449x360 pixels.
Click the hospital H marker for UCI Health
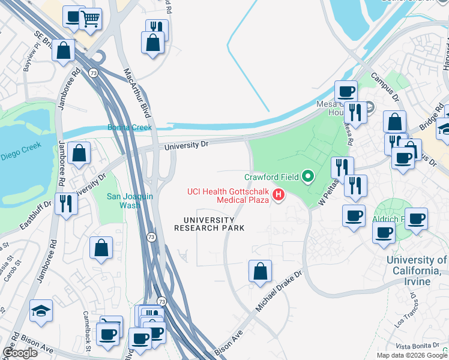click(278, 195)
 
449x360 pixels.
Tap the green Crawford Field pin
click(308, 176)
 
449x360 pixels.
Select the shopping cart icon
click(91, 18)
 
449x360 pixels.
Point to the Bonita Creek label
click(130, 127)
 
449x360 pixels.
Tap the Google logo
click(20, 353)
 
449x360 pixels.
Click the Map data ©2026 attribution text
click(401, 355)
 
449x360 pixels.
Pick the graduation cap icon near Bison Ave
click(41, 310)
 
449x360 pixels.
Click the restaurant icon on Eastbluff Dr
click(66, 203)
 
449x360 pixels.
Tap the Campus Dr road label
click(385, 85)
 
